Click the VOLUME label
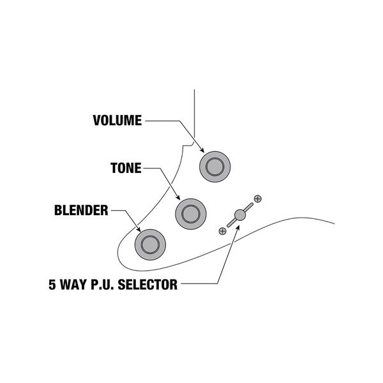click(x=117, y=120)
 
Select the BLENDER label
click(x=82, y=210)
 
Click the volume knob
click(x=214, y=166)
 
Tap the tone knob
click(x=190, y=211)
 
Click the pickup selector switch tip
click(x=239, y=215)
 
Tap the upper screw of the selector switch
click(x=257, y=199)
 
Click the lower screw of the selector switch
click(x=222, y=230)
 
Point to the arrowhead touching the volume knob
click(x=201, y=151)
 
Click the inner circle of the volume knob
click(x=214, y=166)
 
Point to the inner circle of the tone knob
click(x=190, y=211)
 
